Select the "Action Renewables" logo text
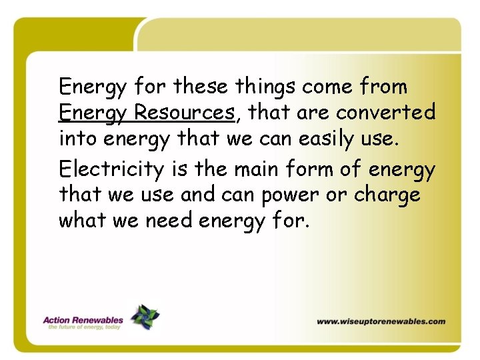click(83, 319)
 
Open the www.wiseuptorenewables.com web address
click(381, 321)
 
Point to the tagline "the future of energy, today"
click(83, 327)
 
